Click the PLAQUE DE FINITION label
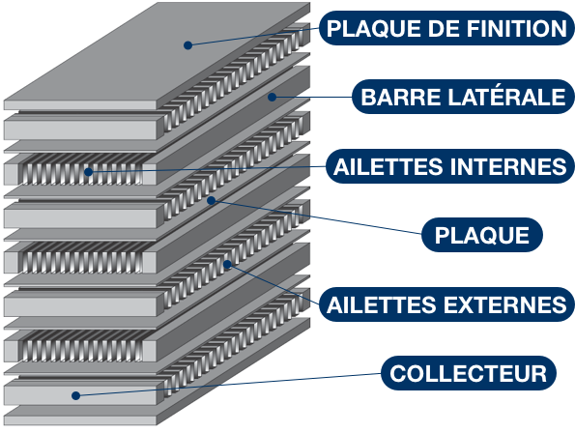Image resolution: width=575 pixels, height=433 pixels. (x=446, y=28)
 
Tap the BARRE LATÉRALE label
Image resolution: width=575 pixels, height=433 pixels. (x=463, y=97)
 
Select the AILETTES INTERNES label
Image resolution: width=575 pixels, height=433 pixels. (x=450, y=166)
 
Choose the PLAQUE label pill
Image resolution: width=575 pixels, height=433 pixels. (x=482, y=235)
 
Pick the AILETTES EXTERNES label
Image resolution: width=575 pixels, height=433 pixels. (x=446, y=304)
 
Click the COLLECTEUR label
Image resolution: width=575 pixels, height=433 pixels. (x=469, y=373)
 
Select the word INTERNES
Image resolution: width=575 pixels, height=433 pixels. (x=508, y=166)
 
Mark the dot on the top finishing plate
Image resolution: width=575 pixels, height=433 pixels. (x=187, y=45)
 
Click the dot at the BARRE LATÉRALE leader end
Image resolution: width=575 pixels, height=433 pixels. (x=272, y=97)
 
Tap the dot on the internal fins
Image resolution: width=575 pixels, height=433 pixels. (x=88, y=172)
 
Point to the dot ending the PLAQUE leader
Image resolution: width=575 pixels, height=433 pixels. (x=211, y=200)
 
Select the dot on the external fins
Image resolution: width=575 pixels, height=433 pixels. (x=227, y=264)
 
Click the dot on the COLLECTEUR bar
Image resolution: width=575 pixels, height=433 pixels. (x=76, y=395)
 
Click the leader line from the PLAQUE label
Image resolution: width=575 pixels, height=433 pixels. (x=316, y=217)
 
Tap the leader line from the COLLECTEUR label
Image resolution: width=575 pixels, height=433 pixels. (x=228, y=385)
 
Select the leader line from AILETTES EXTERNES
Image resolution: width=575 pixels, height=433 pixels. (x=273, y=284)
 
